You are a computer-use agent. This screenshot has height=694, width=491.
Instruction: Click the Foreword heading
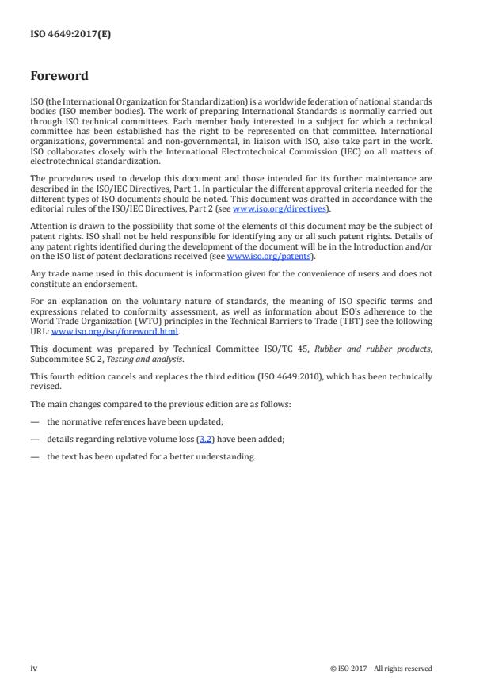tap(59, 77)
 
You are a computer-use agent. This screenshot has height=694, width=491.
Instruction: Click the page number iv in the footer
tap(34, 668)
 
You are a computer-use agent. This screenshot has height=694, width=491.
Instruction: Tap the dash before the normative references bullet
tap(35, 421)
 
